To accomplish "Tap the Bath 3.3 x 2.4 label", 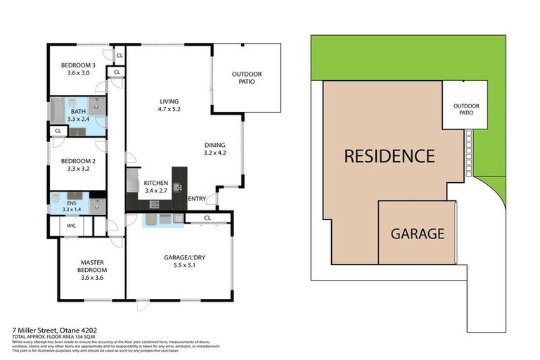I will (79, 114).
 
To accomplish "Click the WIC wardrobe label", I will (71, 226).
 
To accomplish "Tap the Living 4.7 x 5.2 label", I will (169, 105).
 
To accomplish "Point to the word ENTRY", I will (198, 199).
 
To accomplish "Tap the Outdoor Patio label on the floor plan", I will (246, 77).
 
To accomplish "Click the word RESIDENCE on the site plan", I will (389, 156).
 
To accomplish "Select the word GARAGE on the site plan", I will (418, 233).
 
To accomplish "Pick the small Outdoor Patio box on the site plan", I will (465, 109).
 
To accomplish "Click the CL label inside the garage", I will (207, 218).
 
